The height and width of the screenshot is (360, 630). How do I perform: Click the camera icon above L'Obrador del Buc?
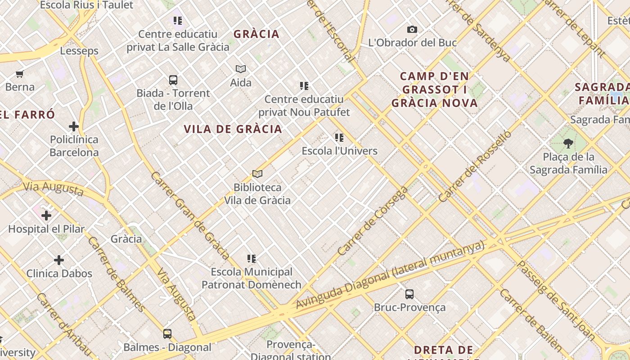coord(412,30)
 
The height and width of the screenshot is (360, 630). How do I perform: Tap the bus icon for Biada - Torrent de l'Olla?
coord(173,80)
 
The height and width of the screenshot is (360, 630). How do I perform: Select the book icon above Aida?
coord(241,69)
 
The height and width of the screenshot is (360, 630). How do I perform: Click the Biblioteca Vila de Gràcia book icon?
coord(257,174)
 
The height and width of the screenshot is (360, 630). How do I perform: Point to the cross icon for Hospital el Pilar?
coord(46,216)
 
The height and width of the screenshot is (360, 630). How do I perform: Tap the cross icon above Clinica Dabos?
coord(59,260)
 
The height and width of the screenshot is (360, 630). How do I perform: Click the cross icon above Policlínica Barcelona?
coord(74,126)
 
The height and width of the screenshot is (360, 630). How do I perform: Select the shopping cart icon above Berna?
coord(19,74)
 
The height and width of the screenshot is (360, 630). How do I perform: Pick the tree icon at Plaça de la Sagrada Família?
coord(568,144)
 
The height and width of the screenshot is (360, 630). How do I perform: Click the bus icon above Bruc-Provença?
coord(409,294)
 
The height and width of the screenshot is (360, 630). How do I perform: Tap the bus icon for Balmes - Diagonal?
coord(167,334)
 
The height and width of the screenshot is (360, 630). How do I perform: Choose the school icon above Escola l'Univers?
coord(339,138)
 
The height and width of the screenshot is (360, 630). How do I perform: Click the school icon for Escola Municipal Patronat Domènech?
coord(252,259)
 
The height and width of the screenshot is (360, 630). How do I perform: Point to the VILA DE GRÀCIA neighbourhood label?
coord(233,129)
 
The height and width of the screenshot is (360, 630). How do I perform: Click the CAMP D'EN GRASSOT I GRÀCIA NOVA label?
coord(434,90)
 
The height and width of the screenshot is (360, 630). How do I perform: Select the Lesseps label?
coord(79,51)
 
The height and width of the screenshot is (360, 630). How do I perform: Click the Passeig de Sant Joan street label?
coord(556,300)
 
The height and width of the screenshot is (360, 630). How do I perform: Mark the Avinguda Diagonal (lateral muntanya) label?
coord(390,275)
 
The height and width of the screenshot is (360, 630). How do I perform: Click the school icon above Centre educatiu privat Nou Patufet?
coord(304,85)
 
